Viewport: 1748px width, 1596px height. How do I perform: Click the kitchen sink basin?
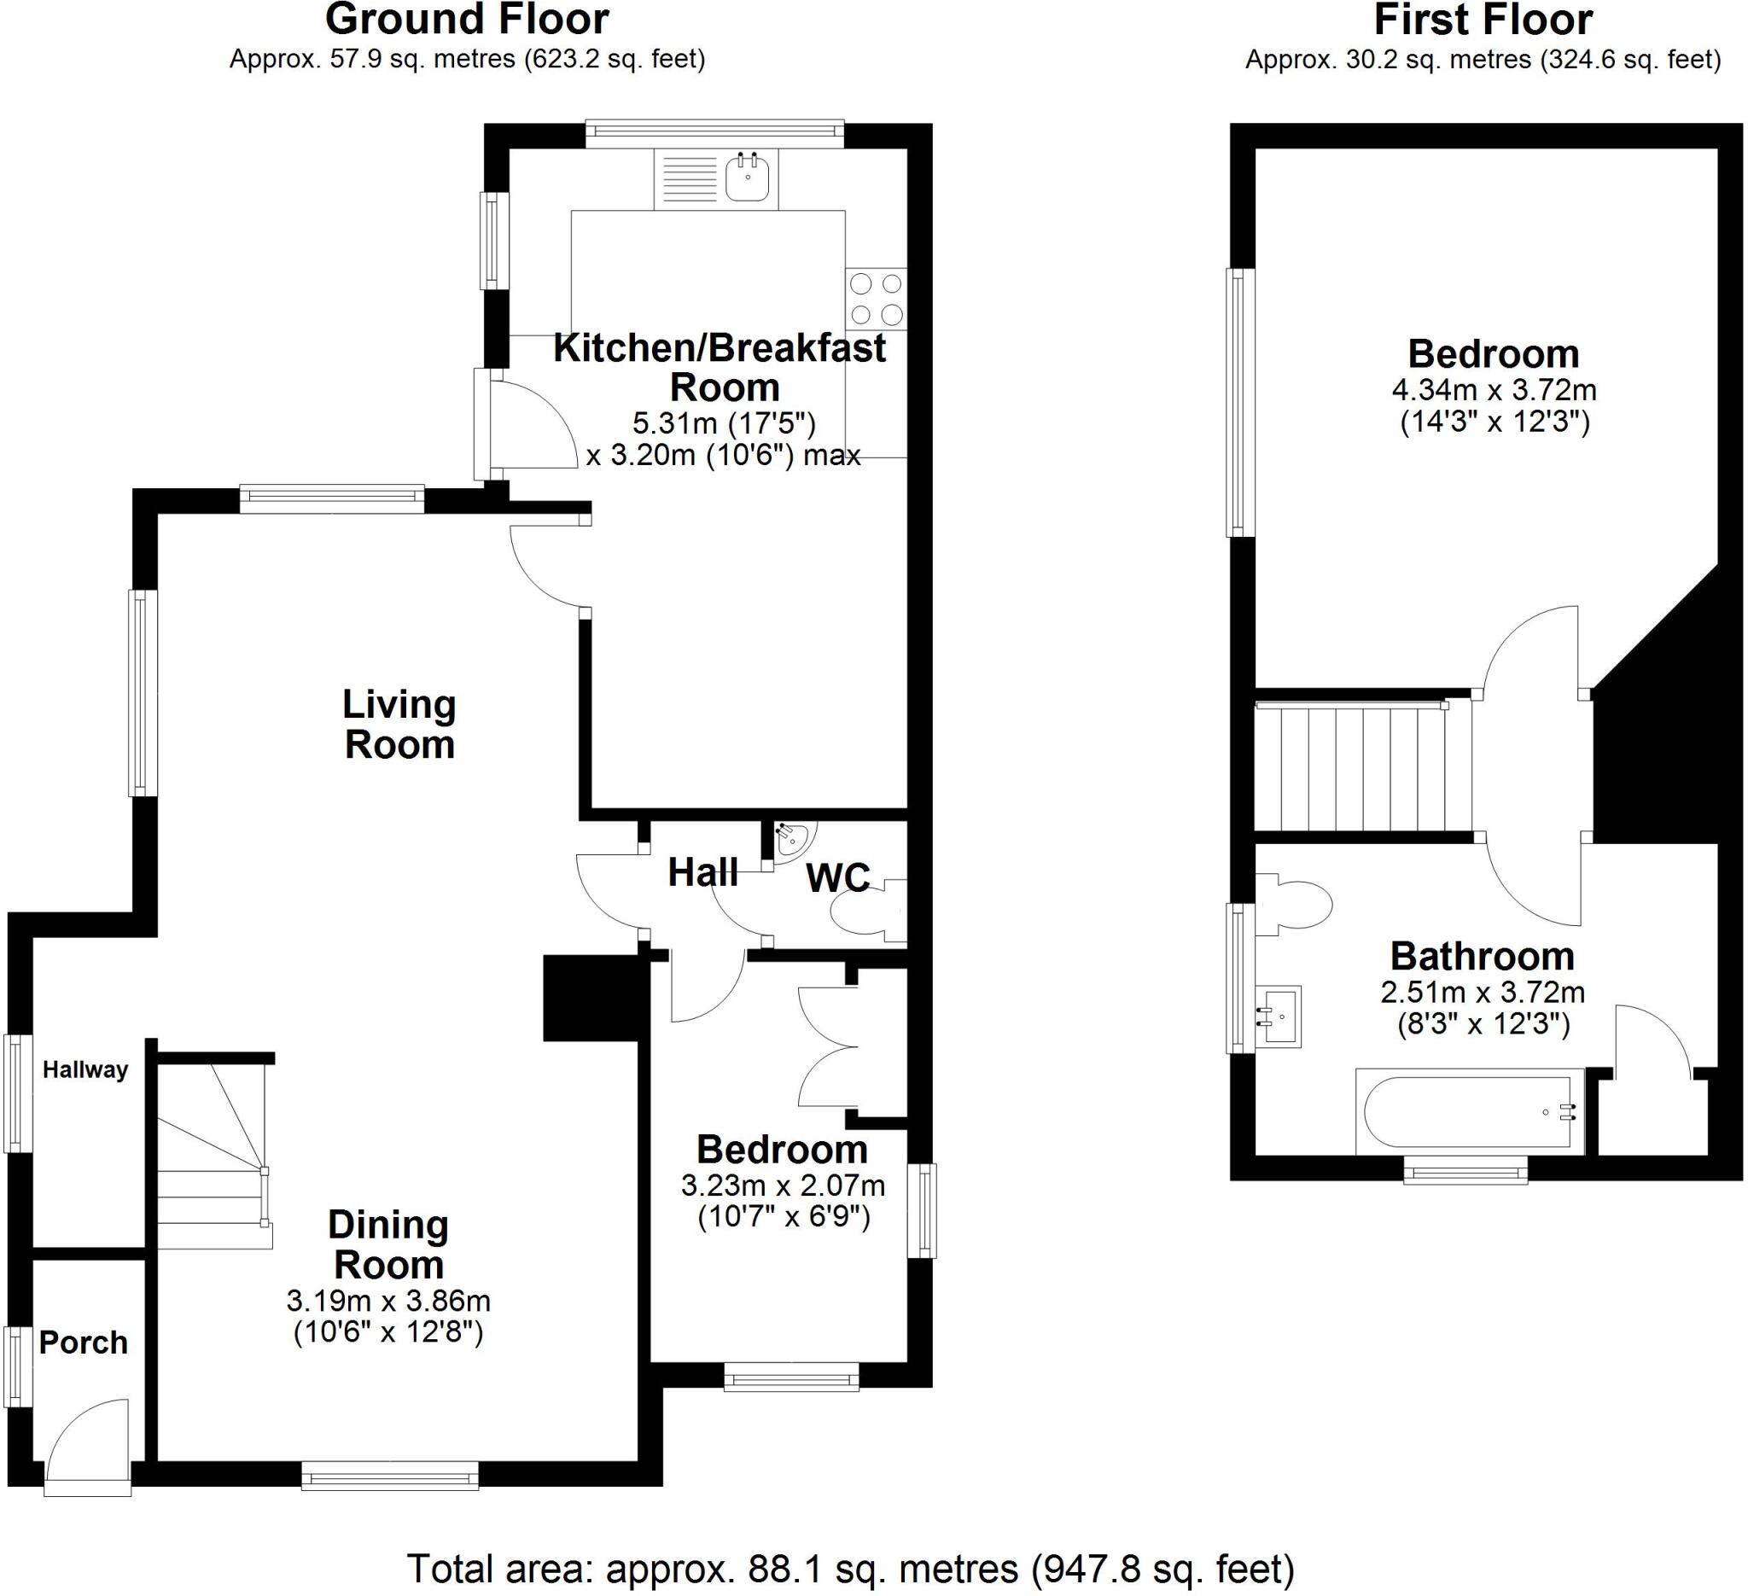pos(747,178)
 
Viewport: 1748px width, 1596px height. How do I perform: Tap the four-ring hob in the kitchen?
pos(876,298)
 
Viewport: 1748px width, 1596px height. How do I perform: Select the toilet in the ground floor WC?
pos(865,911)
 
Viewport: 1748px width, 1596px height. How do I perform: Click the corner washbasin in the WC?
pos(790,839)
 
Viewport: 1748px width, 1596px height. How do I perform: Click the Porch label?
pos(84,1343)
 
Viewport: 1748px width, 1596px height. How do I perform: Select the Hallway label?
pos(85,1069)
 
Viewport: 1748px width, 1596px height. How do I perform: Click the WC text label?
pos(837,878)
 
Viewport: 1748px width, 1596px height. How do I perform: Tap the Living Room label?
pos(399,725)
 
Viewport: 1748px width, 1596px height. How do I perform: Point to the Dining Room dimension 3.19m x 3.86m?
pos(388,1301)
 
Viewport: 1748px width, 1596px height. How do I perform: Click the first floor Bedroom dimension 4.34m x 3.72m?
pos(1494,390)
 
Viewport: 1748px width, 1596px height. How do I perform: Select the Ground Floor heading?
pos(467,19)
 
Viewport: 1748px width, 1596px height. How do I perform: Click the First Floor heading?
pos(1483,19)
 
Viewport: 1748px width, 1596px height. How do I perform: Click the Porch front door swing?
pos(87,1442)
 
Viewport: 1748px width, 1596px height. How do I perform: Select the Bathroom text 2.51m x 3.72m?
pos(1483,992)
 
